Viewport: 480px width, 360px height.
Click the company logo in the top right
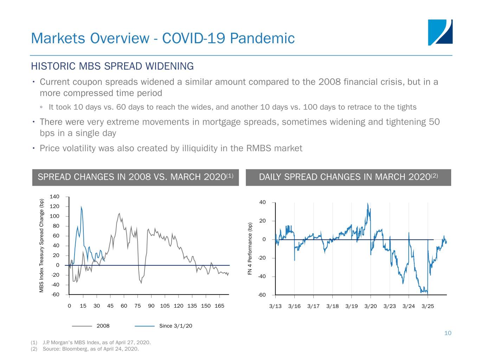click(x=440, y=32)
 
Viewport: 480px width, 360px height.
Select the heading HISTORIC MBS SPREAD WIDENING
click(x=112, y=66)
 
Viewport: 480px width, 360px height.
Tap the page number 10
click(x=448, y=333)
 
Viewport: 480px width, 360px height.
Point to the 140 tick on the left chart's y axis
click(x=55, y=197)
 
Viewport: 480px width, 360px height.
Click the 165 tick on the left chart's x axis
click(x=219, y=306)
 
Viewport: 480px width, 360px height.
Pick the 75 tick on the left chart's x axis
click(x=137, y=306)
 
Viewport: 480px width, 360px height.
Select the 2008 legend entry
click(x=103, y=326)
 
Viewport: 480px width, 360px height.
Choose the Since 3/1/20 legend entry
click(x=175, y=326)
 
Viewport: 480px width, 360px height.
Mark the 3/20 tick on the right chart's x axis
click(x=370, y=306)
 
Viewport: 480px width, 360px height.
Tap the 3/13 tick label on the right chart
click(x=275, y=306)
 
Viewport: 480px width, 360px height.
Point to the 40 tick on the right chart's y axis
click(x=262, y=202)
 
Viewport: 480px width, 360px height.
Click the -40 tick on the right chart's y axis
click(x=262, y=277)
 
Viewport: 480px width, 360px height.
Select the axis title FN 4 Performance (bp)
click(x=250, y=249)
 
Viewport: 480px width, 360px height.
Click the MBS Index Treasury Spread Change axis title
click(x=41, y=245)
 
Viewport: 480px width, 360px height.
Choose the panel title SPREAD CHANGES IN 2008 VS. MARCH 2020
click(x=135, y=177)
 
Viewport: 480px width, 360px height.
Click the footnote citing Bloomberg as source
click(x=91, y=349)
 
